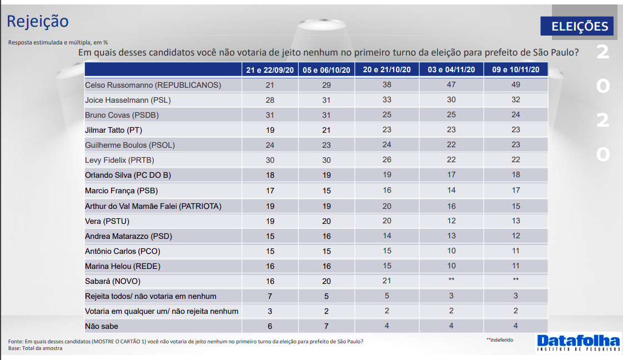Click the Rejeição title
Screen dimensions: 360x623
[38, 21]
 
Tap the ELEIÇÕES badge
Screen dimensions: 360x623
[579, 26]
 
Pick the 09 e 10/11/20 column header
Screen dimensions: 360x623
[516, 69]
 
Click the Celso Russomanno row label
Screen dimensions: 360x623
[153, 85]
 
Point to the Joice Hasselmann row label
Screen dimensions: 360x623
[127, 100]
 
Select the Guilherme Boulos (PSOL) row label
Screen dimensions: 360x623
[130, 145]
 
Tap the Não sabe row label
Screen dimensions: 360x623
[101, 326]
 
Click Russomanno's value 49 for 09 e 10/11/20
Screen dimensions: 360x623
[516, 85]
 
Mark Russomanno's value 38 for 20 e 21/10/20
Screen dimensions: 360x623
[387, 85]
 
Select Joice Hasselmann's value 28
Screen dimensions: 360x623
[270, 100]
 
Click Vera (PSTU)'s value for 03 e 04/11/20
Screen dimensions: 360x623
[451, 221]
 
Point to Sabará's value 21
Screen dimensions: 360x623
[387, 281]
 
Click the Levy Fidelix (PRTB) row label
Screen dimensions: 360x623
[119, 160]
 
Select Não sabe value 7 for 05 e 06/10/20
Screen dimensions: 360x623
[326, 326]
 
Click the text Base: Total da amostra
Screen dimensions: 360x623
[36, 348]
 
